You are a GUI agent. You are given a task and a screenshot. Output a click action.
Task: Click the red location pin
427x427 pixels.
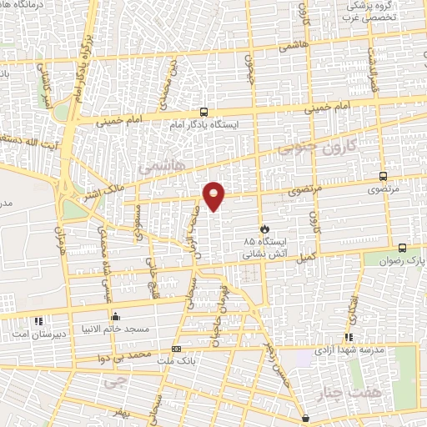point(216,195)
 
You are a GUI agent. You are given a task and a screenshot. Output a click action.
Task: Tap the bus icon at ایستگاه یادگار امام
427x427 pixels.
point(204,112)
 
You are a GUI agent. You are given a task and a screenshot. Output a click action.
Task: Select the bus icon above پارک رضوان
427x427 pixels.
point(403,248)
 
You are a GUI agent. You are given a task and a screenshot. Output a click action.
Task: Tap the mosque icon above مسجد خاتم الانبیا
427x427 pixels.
point(115,317)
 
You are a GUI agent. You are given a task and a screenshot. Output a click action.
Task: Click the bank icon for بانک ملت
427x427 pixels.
point(176,349)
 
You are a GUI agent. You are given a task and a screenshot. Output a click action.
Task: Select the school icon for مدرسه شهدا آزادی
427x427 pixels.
point(349,337)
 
